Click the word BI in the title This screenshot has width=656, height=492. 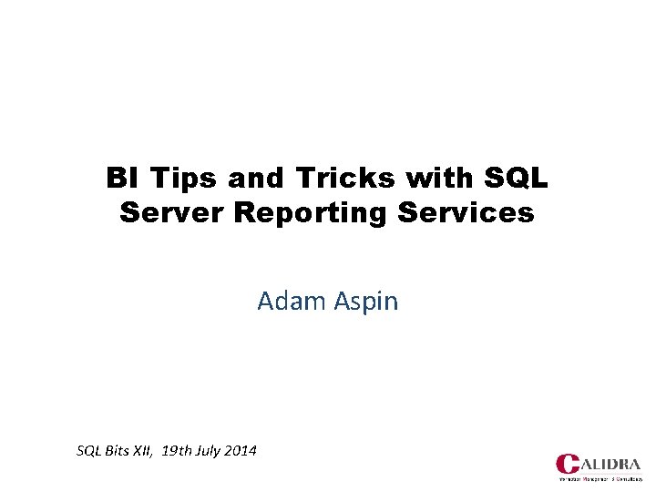(x=119, y=178)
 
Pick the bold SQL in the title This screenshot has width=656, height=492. (x=511, y=178)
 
